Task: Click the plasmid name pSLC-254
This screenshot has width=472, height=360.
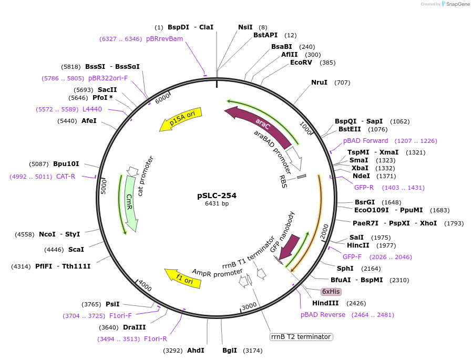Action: pyautogui.click(x=217, y=196)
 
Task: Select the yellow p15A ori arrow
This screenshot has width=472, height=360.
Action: pyautogui.click(x=181, y=121)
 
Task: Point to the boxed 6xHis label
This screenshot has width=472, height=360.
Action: pyautogui.click(x=331, y=292)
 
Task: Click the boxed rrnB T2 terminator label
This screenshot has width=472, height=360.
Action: pyautogui.click(x=301, y=336)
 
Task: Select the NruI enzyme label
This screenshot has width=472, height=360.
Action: pyautogui.click(x=319, y=83)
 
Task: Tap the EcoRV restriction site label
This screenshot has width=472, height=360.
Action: pyautogui.click(x=301, y=63)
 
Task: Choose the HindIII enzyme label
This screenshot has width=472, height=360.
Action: pyautogui.click(x=325, y=303)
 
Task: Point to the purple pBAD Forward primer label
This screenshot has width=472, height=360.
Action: pyautogui.click(x=366, y=141)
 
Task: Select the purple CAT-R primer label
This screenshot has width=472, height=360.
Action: pyautogui.click(x=66, y=177)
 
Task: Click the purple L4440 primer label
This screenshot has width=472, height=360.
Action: pyautogui.click(x=92, y=109)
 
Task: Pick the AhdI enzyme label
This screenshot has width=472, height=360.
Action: pyautogui.click(x=196, y=350)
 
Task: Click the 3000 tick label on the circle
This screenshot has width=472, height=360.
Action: pyautogui.click(x=249, y=307)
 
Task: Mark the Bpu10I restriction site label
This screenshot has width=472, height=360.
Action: pyautogui.click(x=66, y=163)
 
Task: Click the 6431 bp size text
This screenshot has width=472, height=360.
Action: pyautogui.click(x=217, y=204)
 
